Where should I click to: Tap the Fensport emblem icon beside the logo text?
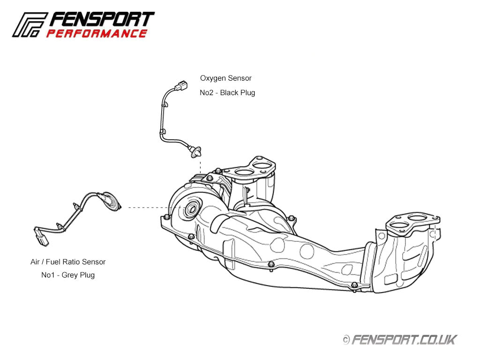coord(29,24)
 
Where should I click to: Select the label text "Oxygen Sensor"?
coord(225,78)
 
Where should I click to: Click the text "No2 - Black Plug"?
coord(227,93)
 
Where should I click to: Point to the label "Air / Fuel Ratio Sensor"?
coord(68,262)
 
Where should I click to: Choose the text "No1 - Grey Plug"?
coord(68,275)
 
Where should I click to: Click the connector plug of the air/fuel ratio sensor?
coord(41,236)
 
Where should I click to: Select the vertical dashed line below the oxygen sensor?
coord(200,166)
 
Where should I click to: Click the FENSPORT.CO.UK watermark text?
coord(404,339)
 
